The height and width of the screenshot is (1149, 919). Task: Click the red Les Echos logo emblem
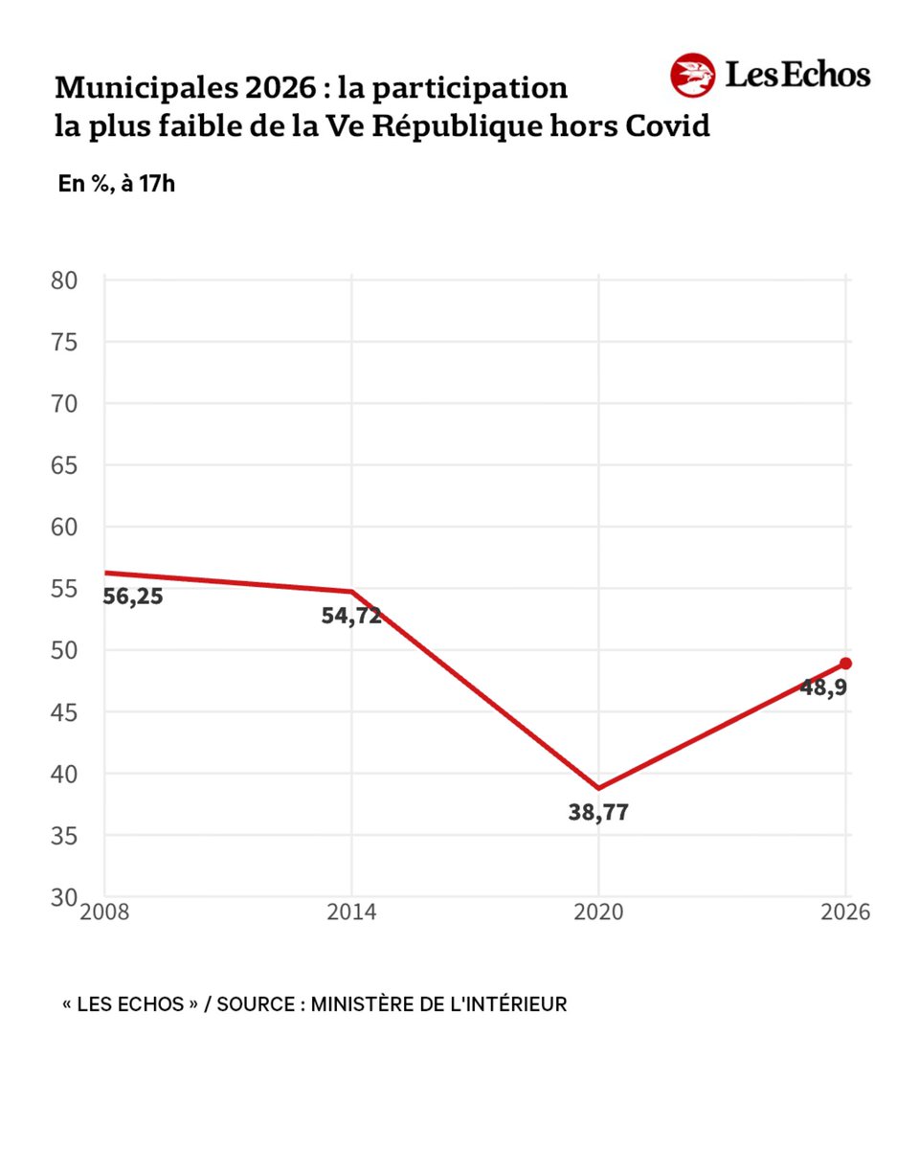[692, 76]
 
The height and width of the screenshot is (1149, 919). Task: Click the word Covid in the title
[667, 126]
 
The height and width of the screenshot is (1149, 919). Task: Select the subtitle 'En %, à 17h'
[117, 184]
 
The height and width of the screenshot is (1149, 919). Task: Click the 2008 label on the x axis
[104, 912]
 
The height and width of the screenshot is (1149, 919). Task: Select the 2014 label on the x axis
[351, 912]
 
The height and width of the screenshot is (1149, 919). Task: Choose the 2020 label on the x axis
[598, 912]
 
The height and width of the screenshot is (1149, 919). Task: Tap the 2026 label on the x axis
[845, 912]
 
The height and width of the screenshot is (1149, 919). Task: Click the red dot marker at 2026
[845, 664]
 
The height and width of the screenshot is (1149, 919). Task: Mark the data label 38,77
[598, 814]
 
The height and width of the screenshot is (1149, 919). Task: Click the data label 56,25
[133, 597]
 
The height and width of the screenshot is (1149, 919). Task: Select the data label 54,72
[351, 616]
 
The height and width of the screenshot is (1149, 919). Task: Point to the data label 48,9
[823, 687]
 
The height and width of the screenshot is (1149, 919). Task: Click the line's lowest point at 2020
[598, 788]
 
